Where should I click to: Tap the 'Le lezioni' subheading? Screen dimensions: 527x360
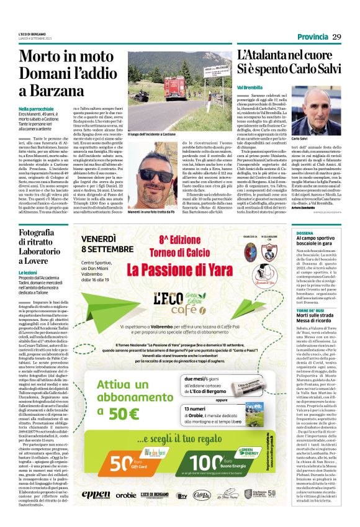[x=29, y=271]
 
